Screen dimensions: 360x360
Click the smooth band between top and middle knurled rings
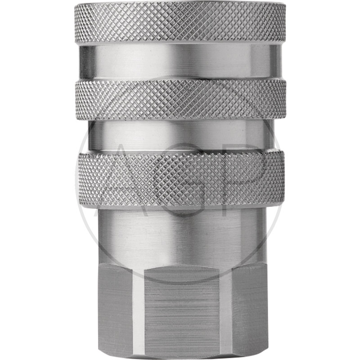tap(180, 62)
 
